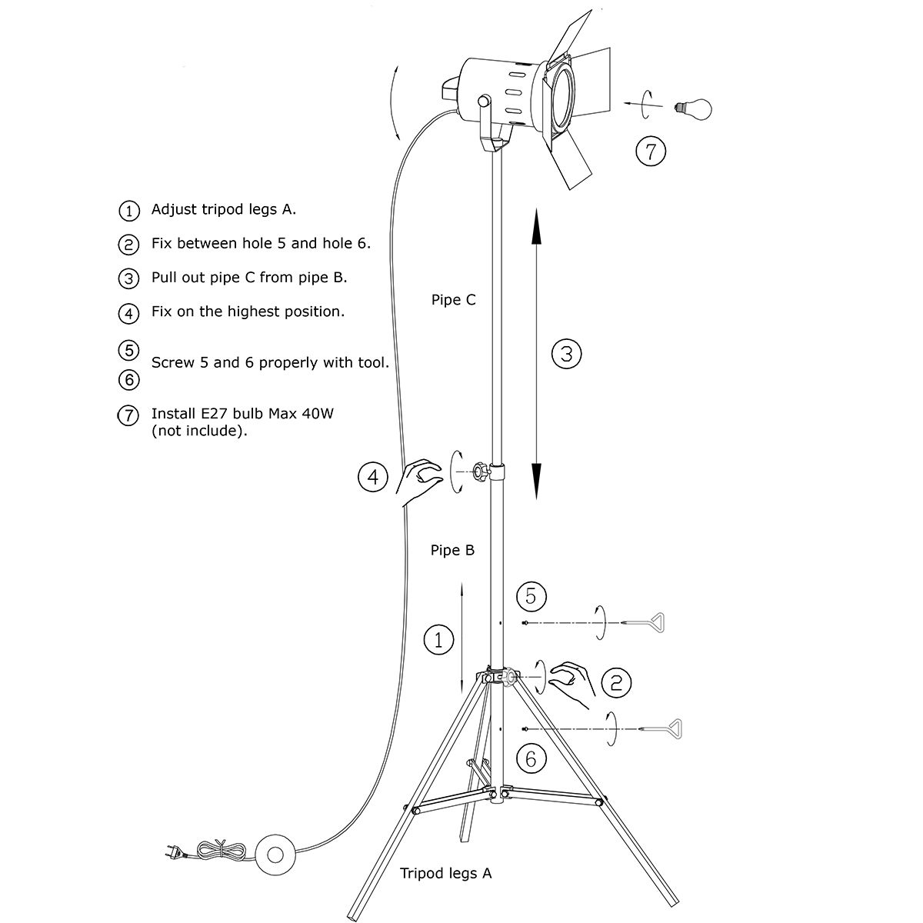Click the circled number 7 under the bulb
[x=651, y=151]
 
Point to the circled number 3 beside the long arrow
[x=567, y=354]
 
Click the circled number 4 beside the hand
[x=373, y=478]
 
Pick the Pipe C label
[x=453, y=300]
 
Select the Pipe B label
[x=453, y=551]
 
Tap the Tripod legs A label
[x=446, y=873]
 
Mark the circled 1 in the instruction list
[x=129, y=210]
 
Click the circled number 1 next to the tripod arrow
[x=438, y=640]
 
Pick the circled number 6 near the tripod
[x=531, y=758]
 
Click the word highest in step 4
[x=264, y=312]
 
